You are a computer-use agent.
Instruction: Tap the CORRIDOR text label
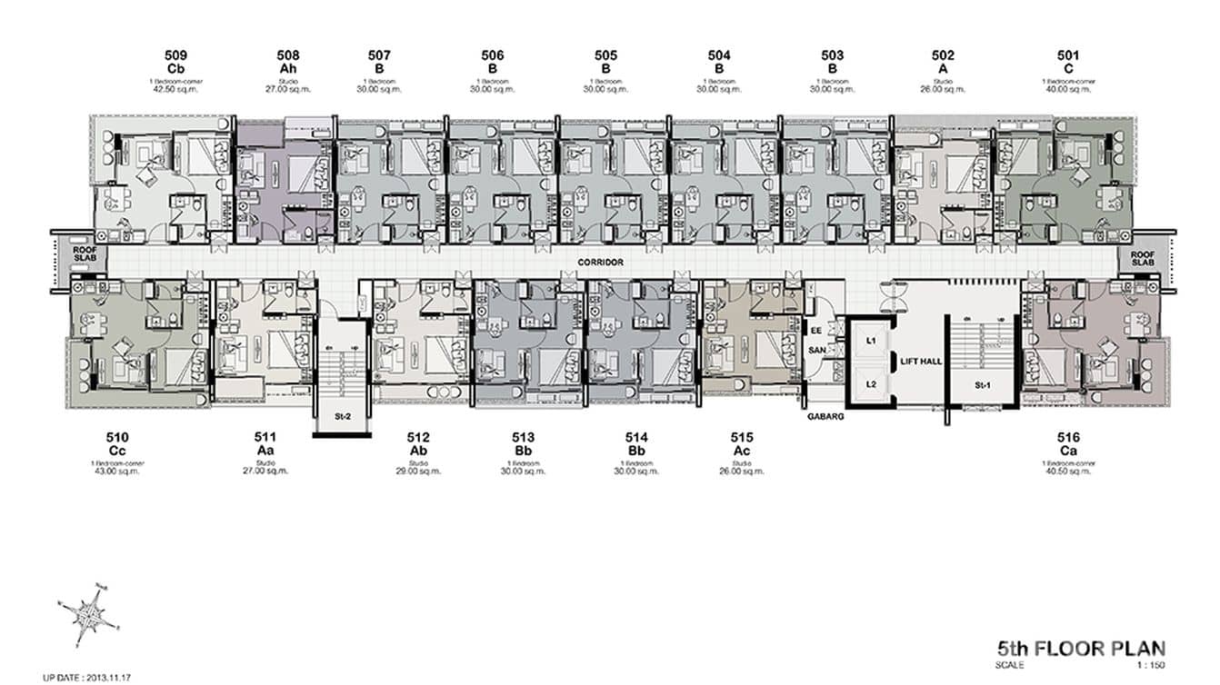tap(600, 263)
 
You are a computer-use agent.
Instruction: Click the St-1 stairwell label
tap(982, 385)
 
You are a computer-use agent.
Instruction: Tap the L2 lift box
tap(870, 384)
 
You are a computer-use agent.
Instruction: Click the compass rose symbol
tap(91, 613)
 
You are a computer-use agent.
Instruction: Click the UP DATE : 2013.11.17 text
tap(86, 677)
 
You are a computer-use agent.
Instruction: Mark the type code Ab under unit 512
tap(418, 451)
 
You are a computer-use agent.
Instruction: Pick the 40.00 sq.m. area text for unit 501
tap(1068, 90)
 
